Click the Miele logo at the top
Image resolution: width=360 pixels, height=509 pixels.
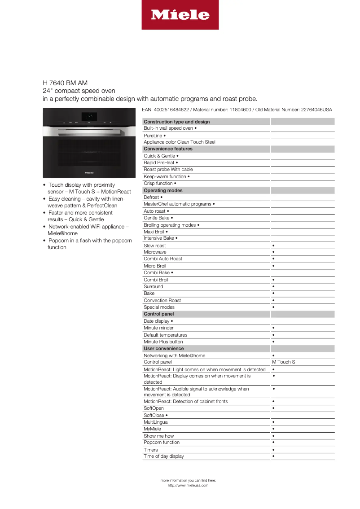[x=180, y=15]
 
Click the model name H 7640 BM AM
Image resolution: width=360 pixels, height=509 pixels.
[x=65, y=83]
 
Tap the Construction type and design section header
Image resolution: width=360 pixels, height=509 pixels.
[x=177, y=122]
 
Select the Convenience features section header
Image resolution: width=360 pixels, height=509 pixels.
[x=168, y=149]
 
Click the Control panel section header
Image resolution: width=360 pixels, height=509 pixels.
[x=158, y=314]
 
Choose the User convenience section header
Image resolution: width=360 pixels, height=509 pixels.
[x=163, y=348]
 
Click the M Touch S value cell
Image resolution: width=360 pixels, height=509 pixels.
[x=284, y=362]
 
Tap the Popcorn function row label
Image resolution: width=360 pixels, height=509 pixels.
[x=162, y=443]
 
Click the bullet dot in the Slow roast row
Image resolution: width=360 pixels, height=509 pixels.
[x=273, y=246]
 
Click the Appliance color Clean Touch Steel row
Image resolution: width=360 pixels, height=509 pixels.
[x=180, y=142]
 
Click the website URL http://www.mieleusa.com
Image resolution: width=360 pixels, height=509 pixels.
[x=188, y=485]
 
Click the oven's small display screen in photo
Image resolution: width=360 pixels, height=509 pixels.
[x=89, y=116]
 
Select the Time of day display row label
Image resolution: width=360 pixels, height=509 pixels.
[x=164, y=456]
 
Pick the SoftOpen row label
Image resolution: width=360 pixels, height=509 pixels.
[x=154, y=408]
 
